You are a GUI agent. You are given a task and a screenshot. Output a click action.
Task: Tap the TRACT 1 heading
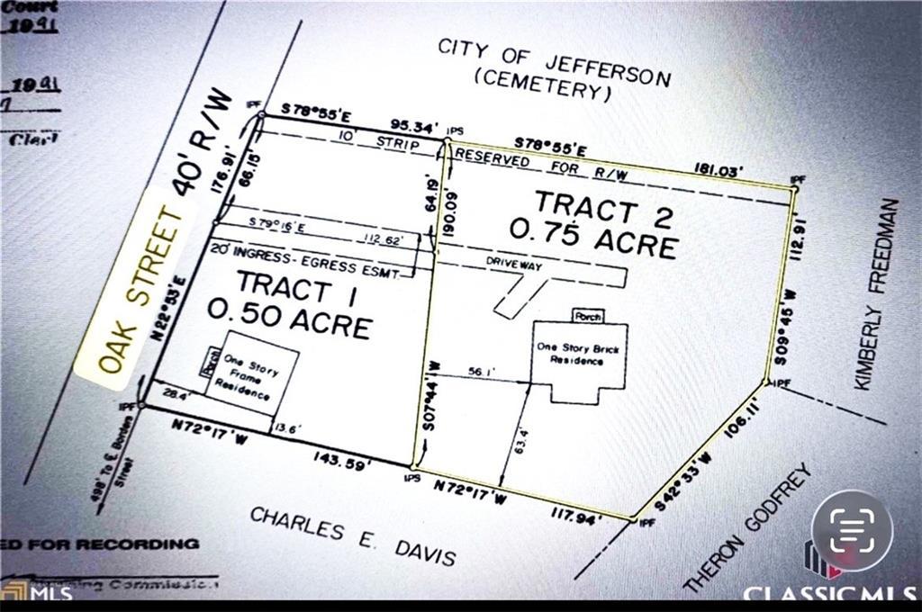click(284, 287)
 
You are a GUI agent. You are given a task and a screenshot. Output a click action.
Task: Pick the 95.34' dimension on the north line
click(413, 125)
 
